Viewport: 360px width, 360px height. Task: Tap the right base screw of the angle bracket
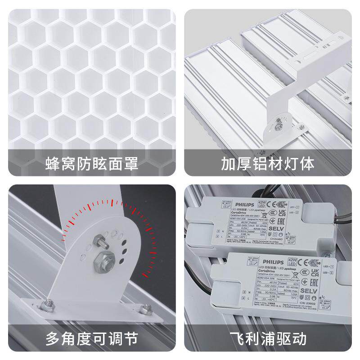coord(144,309)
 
